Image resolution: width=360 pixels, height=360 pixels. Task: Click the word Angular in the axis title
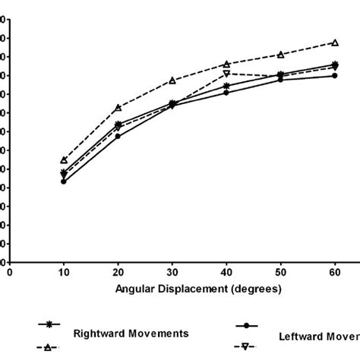point(134,289)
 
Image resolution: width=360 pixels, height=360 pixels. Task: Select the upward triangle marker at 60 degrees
point(335,43)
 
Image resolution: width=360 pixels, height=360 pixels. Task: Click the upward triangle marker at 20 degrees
point(118,108)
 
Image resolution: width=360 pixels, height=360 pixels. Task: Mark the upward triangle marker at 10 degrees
point(64,160)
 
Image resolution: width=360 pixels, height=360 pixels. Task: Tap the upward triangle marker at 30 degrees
point(172,80)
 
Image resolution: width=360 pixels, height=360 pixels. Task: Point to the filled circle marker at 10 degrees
point(64,182)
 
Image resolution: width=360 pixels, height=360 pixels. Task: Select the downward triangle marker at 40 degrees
point(226,74)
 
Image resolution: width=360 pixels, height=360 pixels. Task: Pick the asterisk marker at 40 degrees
point(226,85)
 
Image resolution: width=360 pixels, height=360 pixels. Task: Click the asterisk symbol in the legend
point(51,324)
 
